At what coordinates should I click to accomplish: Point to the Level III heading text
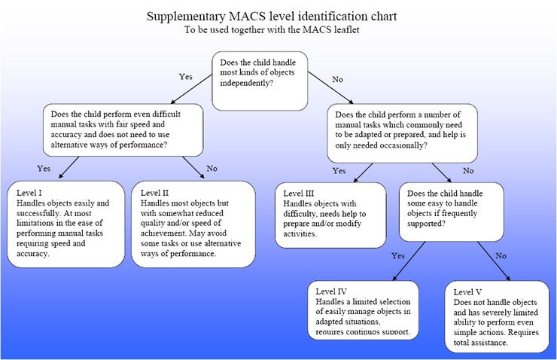(301, 193)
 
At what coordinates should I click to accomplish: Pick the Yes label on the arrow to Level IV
(398, 255)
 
